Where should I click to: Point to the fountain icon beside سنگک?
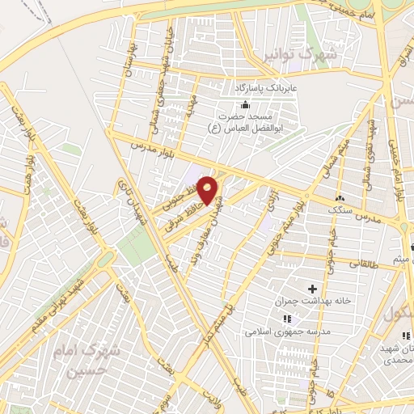pyautogui.click(x=340, y=199)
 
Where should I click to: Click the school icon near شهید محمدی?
pyautogui.click(x=407, y=334)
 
